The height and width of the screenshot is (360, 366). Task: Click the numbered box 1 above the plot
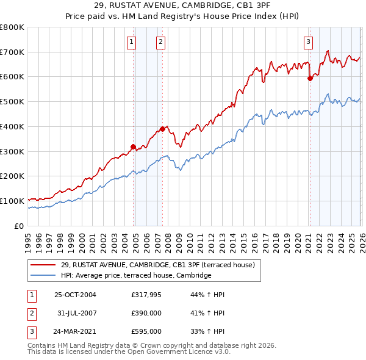click(x=132, y=42)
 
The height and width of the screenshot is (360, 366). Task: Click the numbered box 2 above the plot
click(x=160, y=42)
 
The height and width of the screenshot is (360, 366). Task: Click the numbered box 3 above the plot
click(x=308, y=42)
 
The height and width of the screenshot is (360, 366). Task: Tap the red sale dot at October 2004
click(x=133, y=146)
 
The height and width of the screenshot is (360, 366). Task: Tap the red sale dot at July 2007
click(x=163, y=129)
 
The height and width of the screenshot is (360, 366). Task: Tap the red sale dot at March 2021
click(x=310, y=78)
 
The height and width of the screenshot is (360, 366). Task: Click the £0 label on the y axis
click(x=19, y=226)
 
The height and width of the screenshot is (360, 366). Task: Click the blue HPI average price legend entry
click(x=135, y=276)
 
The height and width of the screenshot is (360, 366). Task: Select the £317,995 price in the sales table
click(x=146, y=295)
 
